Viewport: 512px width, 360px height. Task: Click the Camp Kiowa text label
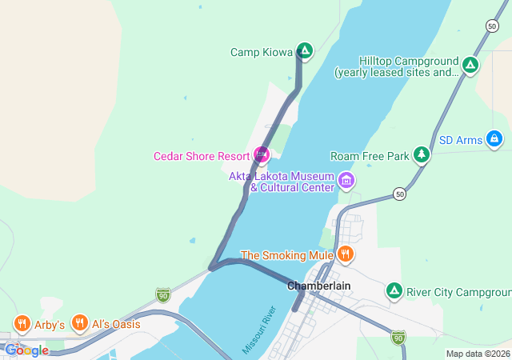pos(261,52)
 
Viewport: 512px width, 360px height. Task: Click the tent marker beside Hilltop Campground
pos(470,64)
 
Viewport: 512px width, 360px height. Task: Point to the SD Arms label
pos(459,140)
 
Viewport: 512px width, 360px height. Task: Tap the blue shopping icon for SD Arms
pos(494,140)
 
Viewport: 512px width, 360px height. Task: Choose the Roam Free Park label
pos(370,155)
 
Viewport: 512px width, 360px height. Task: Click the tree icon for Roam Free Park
pos(422,154)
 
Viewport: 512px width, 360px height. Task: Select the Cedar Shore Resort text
pos(202,155)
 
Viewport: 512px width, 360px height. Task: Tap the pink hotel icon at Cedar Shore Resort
pos(261,154)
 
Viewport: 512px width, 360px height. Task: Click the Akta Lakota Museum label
pos(282,182)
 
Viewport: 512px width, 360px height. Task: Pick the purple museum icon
pos(346,180)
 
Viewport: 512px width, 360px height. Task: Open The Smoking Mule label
pos(286,255)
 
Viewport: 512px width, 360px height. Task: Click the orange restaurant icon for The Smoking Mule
pos(346,254)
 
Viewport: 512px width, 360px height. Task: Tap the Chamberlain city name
pos(319,285)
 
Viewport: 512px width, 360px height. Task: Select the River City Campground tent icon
pos(394,291)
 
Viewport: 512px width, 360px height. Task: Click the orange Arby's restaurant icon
pos(22,324)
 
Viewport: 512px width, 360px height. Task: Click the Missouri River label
pos(258,329)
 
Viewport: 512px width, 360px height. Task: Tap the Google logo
pos(26,350)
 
